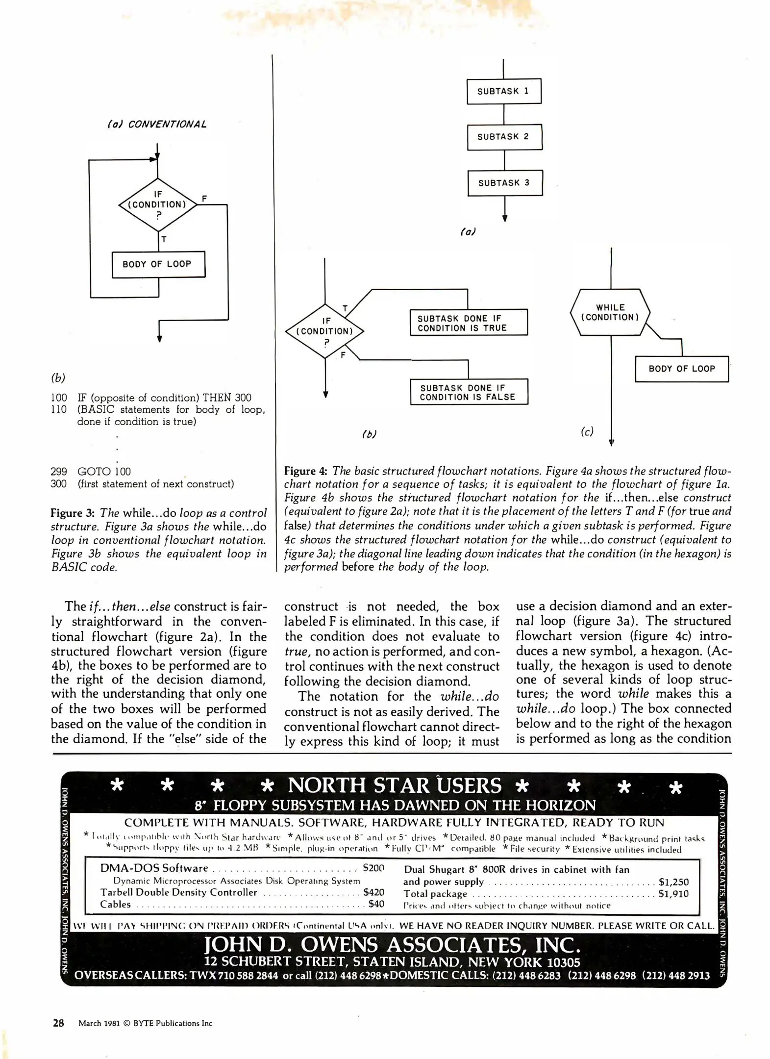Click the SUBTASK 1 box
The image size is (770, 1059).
point(504,91)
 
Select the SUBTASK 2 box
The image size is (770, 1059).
point(504,137)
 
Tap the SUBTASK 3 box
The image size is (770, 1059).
point(505,183)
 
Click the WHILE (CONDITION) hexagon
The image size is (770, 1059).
point(610,312)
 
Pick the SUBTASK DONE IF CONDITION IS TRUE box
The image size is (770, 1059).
point(469,323)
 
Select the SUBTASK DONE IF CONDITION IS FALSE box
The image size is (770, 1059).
point(469,392)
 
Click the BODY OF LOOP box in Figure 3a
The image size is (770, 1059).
point(158,264)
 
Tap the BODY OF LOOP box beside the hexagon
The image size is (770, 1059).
point(681,369)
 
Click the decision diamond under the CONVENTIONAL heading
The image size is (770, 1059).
point(157,204)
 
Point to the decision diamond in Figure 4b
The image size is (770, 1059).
point(325,331)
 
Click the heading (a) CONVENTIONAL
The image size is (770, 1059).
point(157,124)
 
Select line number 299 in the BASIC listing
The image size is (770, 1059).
point(59,472)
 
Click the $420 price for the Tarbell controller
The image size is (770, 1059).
point(373,892)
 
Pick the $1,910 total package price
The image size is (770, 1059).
point(673,894)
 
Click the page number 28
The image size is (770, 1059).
point(58,1023)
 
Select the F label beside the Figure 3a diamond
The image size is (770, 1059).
point(204,199)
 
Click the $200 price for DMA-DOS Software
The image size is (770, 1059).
point(373,868)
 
